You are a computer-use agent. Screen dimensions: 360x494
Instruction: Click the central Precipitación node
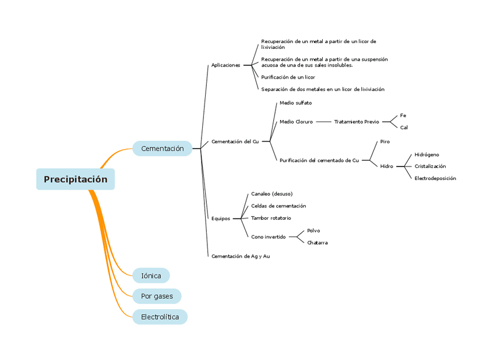point(75,179)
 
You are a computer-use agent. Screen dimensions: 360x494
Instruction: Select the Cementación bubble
point(162,149)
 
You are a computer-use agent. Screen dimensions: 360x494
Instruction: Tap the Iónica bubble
point(151,276)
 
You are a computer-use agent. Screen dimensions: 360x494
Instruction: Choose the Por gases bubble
point(157,297)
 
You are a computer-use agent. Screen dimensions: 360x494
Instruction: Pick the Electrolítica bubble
point(160,317)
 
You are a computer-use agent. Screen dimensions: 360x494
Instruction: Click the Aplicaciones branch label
point(225,65)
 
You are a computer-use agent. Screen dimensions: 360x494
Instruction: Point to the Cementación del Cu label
point(235,142)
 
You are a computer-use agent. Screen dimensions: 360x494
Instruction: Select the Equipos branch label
point(220,218)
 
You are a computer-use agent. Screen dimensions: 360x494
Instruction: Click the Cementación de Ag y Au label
point(240,256)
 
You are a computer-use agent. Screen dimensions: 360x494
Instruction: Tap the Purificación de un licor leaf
point(288,77)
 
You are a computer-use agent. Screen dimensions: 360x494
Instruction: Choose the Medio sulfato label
point(295,103)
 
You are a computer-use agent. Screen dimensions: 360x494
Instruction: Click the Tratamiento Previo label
point(356,122)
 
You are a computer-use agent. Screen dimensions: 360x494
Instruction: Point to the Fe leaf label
point(403,115)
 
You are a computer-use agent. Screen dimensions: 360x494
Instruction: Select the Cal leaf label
point(404,127)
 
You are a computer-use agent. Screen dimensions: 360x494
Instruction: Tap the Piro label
point(384,142)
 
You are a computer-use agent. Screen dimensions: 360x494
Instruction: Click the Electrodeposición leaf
point(435,178)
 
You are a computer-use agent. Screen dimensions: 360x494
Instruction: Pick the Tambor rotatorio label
point(270,218)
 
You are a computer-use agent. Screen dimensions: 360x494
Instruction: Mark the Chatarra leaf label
point(317,242)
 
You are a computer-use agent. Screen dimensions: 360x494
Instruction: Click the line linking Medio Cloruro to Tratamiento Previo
point(323,122)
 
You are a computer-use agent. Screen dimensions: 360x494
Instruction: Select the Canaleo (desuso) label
point(271,193)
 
